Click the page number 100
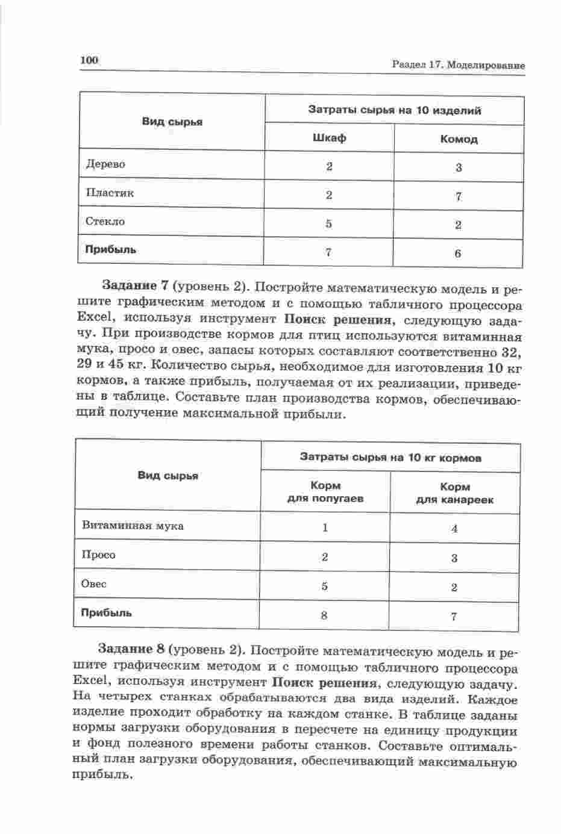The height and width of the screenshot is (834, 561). coord(88,60)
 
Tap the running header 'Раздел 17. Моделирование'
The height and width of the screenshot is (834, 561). coord(458,65)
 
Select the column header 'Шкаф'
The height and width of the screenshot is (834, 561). coord(329,138)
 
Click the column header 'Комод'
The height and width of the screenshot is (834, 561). coord(459,139)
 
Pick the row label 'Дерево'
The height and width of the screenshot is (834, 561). coord(105,164)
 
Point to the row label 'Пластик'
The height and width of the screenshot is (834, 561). coord(110,193)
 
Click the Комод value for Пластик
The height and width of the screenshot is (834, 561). coord(459,196)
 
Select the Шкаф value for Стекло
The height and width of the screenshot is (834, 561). coord(328,223)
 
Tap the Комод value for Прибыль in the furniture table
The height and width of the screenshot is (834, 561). coord(458,254)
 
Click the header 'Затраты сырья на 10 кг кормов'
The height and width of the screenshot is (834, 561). coord(390,458)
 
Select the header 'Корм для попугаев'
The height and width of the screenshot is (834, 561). coord(325,492)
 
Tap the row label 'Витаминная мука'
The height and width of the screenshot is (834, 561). coord(133,526)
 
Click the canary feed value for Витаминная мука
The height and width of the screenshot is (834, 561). coord(454,529)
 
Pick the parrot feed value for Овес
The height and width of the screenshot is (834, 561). coord(325,586)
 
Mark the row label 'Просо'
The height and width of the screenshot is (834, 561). coord(98,555)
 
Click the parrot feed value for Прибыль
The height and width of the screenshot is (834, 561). coord(325,615)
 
